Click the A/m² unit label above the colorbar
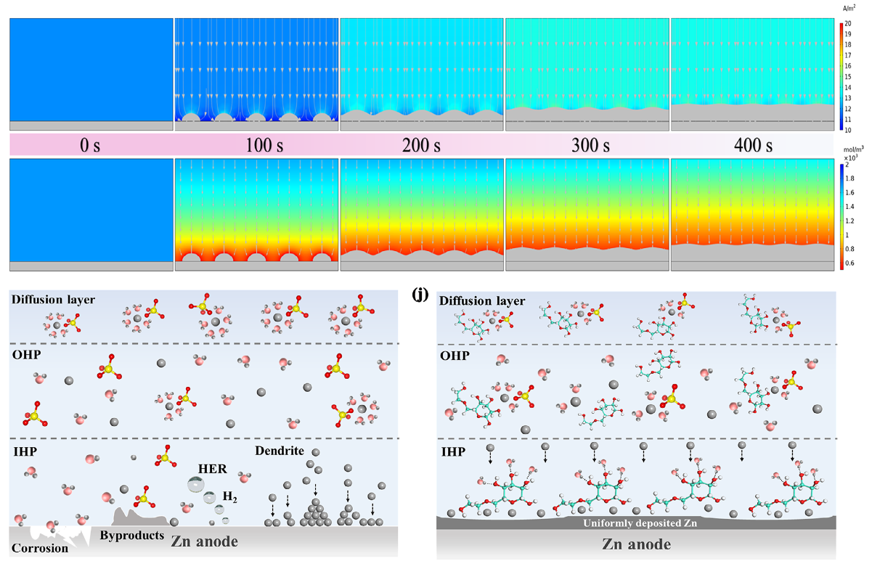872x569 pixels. point(848,7)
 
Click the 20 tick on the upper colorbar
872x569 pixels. point(849,23)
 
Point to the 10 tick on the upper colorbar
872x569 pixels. point(849,129)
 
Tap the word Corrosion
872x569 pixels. point(39,548)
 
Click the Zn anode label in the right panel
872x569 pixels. point(636,544)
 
